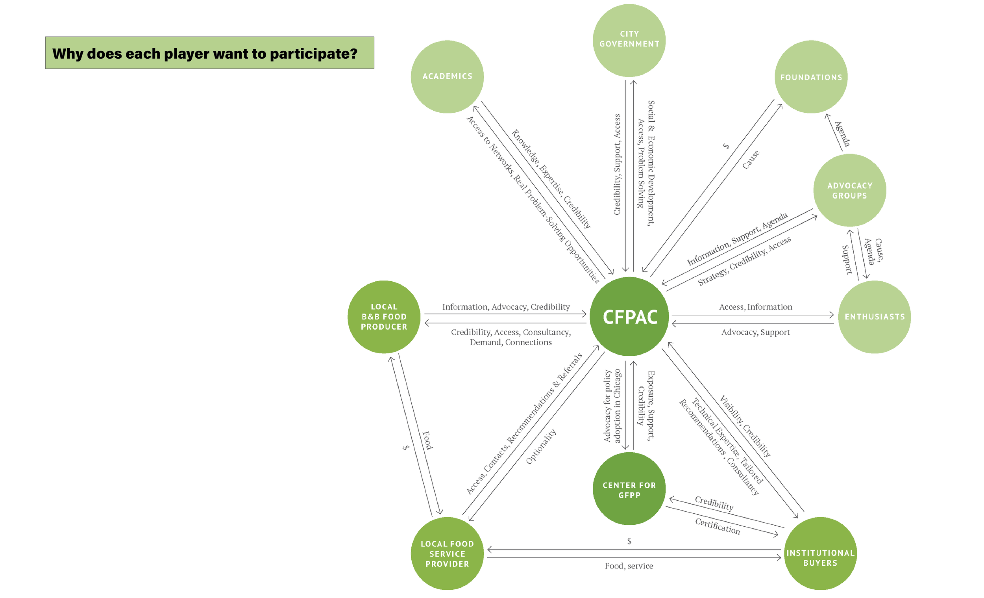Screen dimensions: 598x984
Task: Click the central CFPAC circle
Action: pyautogui.click(x=629, y=317)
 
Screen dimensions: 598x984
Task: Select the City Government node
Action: pyautogui.click(x=629, y=40)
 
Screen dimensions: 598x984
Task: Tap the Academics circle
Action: pyautogui.click(x=447, y=76)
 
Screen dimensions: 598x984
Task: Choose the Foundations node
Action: pyautogui.click(x=811, y=77)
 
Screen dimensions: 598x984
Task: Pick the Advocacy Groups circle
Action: pyautogui.click(x=850, y=190)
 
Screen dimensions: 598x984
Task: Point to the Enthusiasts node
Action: pyautogui.click(x=875, y=317)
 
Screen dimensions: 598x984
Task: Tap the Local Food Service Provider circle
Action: pyautogui.click(x=447, y=553)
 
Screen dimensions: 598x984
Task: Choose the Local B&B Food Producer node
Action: pyautogui.click(x=384, y=317)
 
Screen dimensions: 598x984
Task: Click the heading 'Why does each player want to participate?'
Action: pyautogui.click(x=205, y=53)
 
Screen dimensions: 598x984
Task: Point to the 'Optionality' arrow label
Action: pyautogui.click(x=541, y=446)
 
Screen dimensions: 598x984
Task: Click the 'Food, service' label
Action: pyautogui.click(x=629, y=566)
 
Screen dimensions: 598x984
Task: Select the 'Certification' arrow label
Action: pyautogui.click(x=718, y=526)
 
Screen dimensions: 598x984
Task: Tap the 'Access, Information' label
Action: pyautogui.click(x=756, y=306)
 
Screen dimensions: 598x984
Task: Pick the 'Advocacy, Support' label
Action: pyautogui.click(x=756, y=332)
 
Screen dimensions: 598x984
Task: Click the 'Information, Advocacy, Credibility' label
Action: pyautogui.click(x=506, y=306)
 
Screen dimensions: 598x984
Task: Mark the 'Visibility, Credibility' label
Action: pyautogui.click(x=745, y=426)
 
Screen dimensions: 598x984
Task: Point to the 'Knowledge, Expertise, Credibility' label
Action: pyautogui.click(x=551, y=179)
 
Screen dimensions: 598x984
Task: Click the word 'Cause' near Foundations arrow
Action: pyautogui.click(x=751, y=160)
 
